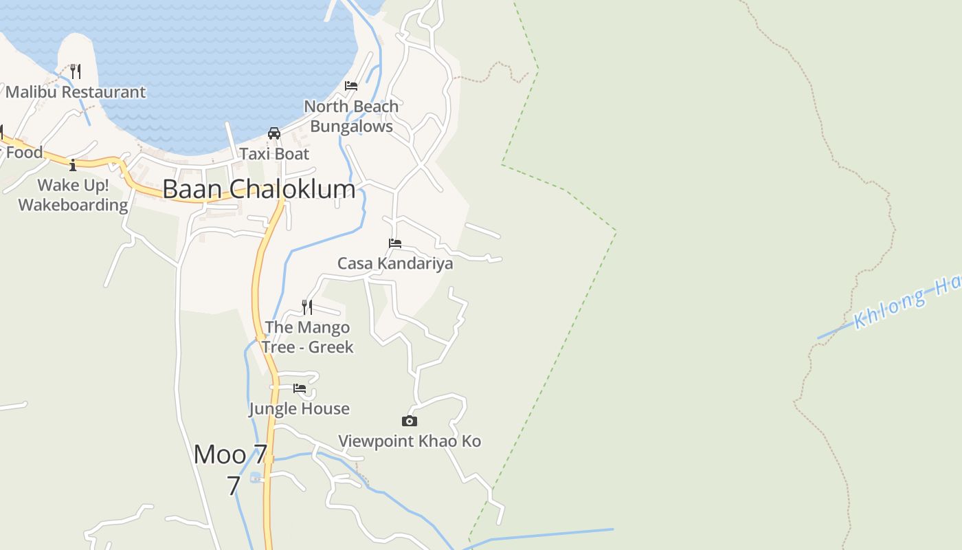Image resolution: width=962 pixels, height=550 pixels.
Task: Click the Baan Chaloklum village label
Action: [259, 189]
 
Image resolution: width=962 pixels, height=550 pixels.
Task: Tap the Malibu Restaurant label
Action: [76, 92]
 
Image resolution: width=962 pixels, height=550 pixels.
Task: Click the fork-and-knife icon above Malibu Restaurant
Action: [76, 71]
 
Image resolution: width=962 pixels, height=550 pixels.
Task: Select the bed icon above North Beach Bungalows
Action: [351, 86]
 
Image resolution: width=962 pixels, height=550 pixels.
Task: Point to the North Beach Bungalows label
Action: [351, 116]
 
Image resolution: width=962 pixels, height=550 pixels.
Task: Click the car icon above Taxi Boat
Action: [274, 133]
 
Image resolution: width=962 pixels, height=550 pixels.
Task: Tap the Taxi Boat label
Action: [274, 154]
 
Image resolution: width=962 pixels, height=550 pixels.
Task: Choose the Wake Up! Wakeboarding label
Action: [73, 195]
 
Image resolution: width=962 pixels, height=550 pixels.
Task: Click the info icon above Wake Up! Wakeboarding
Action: [73, 165]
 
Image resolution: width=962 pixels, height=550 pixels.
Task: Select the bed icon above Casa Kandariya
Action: [394, 243]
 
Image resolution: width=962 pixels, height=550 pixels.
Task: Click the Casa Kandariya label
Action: [394, 263]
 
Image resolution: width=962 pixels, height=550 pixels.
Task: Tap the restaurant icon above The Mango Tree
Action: [307, 307]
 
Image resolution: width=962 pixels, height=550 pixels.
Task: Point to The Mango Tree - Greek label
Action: [307, 337]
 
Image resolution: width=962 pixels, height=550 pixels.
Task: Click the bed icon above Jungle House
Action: [300, 388]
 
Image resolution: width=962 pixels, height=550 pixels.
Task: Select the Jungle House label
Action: [299, 409]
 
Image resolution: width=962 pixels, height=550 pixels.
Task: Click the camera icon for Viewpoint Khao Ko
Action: [410, 421]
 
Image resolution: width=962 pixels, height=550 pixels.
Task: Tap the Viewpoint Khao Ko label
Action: [410, 441]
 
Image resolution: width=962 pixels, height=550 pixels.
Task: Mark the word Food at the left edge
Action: [24, 153]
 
